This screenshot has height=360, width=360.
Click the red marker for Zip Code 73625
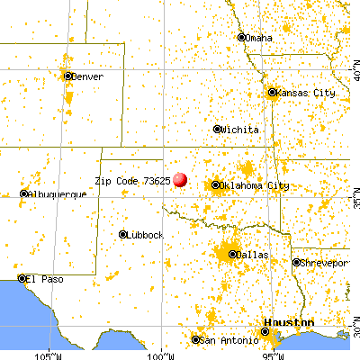pos(181,180)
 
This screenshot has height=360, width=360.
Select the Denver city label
pos(87,77)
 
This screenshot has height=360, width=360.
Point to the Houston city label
pos(288,322)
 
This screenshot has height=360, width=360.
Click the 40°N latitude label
pos(355,67)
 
